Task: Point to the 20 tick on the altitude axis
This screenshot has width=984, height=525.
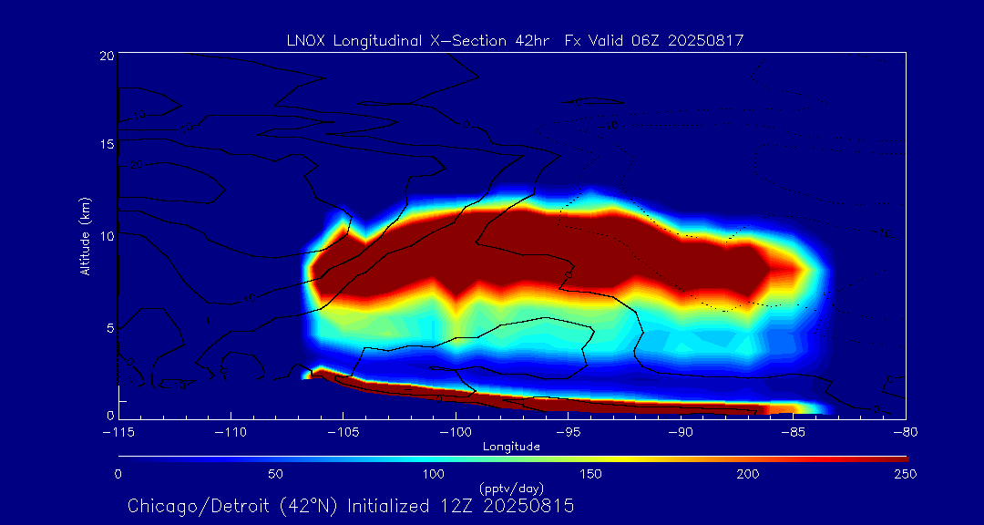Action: tap(106, 56)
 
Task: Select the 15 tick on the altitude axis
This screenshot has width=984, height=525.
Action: tap(106, 145)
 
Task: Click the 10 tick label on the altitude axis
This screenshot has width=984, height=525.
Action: tap(106, 236)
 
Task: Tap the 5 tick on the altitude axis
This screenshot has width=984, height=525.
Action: tap(108, 326)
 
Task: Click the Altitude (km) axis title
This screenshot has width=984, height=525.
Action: tap(85, 236)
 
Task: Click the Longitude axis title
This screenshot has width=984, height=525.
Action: tap(511, 447)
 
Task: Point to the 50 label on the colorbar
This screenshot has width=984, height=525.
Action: tap(276, 474)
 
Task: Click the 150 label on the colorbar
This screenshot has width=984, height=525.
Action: tap(591, 474)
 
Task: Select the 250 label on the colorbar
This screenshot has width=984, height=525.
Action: tap(906, 474)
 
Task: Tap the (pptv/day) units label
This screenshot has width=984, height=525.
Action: tap(511, 489)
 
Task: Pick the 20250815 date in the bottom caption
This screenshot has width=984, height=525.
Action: tap(533, 506)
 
